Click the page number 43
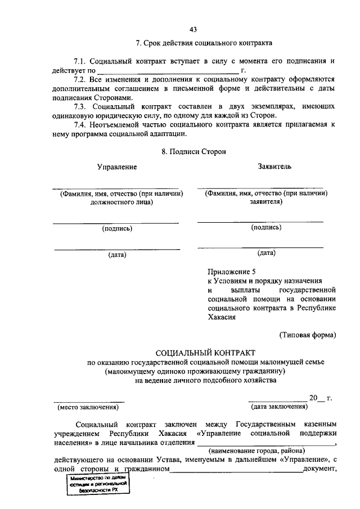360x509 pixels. (193, 29)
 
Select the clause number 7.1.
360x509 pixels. (82, 60)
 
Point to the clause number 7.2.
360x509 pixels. (82, 79)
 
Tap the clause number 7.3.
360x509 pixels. (82, 107)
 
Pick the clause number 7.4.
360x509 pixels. (82, 125)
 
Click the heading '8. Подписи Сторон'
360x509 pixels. (194, 151)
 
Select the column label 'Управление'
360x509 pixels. (117, 167)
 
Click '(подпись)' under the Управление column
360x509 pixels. (117, 228)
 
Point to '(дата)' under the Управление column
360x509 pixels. (117, 254)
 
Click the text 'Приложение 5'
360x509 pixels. (231, 271)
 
